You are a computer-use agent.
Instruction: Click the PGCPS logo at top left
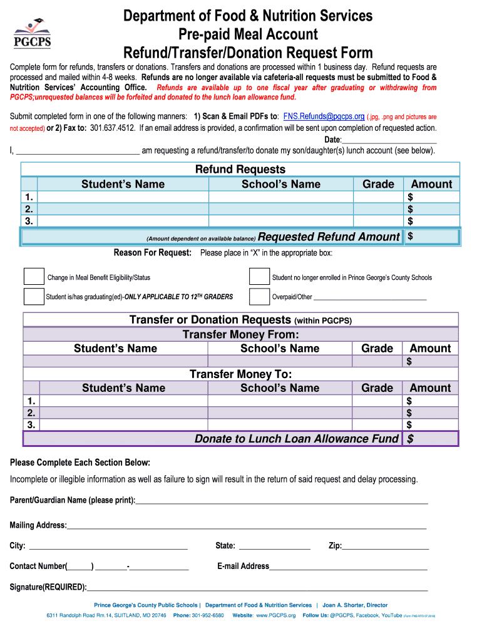coord(32,34)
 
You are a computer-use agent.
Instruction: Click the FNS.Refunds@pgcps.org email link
coord(324,116)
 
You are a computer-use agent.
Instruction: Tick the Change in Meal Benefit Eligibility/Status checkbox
coord(34,277)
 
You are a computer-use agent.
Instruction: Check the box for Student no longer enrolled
coord(259,277)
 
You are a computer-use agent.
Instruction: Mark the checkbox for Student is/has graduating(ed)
coord(34,296)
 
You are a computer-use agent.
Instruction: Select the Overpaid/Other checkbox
coord(259,296)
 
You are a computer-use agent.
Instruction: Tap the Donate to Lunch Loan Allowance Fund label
coord(296,439)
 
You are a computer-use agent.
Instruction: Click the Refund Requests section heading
coord(240,170)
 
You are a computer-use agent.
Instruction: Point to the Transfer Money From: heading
coord(240,335)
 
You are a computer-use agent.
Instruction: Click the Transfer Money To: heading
coord(240,374)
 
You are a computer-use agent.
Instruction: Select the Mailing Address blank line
coord(247,526)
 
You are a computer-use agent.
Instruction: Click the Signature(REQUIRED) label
coord(48,587)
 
